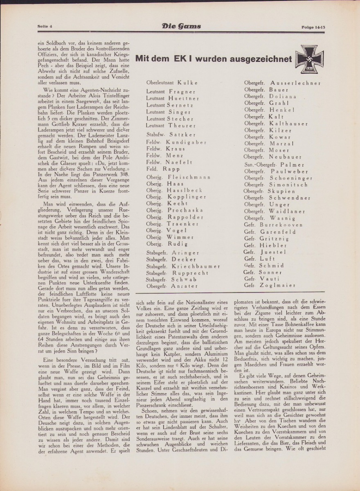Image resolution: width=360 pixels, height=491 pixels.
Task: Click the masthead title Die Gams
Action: pyautogui.click(x=181, y=27)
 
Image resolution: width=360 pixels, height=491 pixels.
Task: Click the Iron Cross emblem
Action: pyautogui.click(x=310, y=59)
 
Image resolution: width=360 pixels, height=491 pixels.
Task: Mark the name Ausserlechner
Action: pyautogui.click(x=295, y=83)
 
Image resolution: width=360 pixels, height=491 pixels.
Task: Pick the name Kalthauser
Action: pyautogui.click(x=288, y=123)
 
